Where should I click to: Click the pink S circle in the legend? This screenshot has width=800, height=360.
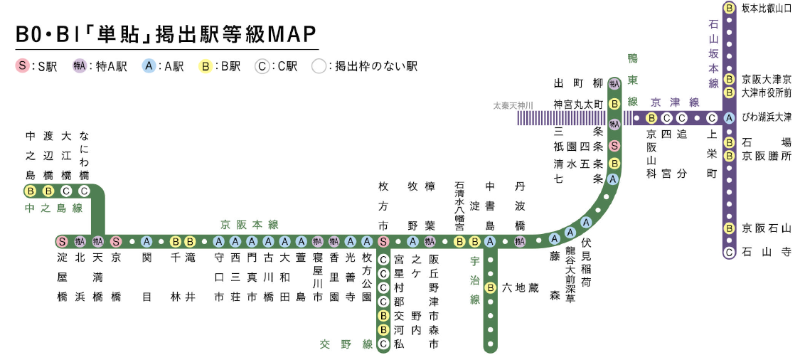click(22, 66)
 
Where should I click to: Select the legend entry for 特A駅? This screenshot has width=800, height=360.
click(100, 66)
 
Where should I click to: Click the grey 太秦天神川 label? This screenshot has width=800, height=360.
click(513, 105)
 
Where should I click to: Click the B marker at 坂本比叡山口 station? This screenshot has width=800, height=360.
click(729, 9)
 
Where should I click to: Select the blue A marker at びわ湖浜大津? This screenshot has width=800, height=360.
click(729, 118)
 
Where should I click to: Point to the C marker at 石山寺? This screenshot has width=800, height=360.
click(729, 252)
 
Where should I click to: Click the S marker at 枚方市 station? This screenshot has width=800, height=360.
click(383, 241)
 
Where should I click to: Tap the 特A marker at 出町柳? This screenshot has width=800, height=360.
click(614, 84)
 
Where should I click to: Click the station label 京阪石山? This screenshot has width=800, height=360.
click(766, 228)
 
